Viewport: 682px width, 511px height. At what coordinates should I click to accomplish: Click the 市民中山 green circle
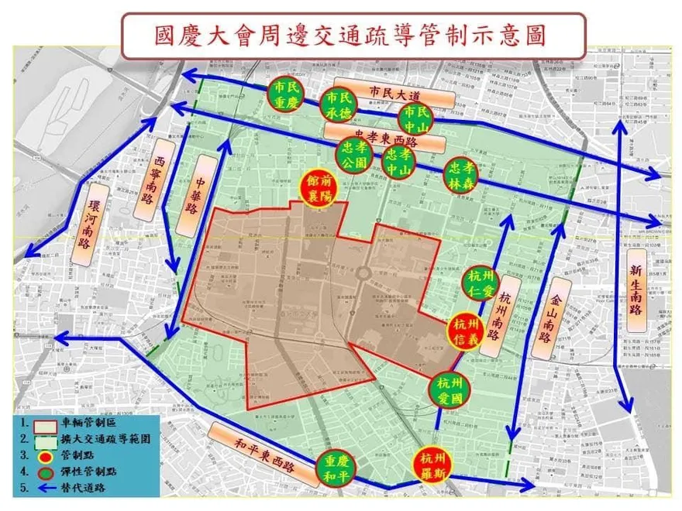413,118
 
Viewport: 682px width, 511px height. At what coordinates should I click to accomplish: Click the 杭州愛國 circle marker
449,389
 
